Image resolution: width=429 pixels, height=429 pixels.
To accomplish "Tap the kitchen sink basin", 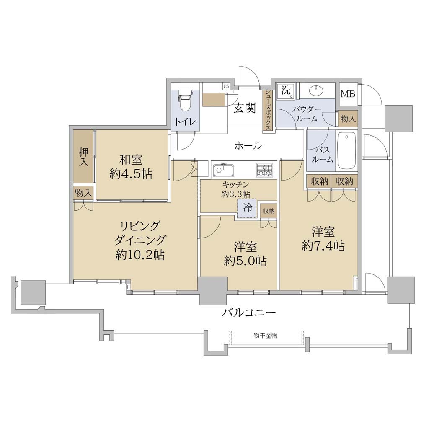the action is coord(224,170).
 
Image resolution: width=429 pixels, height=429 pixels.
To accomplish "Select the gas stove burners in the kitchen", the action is coord(265,170).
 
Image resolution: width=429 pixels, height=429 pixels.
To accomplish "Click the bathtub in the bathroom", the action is coord(346,152).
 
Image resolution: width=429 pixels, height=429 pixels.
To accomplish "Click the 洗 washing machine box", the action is coord(286,90).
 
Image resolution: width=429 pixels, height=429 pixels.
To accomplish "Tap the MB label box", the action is coord(348,94).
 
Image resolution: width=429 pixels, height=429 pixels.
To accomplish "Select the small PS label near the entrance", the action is coord(226,86).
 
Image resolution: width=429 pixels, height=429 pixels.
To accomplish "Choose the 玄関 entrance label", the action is coord(245,109).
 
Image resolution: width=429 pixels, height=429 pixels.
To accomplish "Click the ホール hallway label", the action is coord(248,145).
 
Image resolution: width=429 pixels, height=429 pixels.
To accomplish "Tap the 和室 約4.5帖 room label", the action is coord(131,167).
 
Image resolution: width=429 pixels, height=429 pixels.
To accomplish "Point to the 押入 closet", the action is coord(83,158).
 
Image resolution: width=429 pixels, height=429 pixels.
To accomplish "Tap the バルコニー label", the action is coord(248,312).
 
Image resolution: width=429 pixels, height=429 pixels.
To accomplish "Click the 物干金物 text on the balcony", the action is coord(265,336).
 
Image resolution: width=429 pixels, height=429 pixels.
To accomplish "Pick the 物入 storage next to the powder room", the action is coord(347,119).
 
